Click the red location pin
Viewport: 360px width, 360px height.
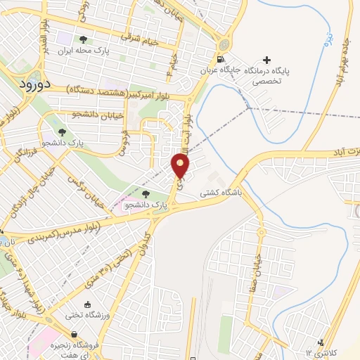tap(181, 165)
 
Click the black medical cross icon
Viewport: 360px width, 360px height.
tap(266, 59)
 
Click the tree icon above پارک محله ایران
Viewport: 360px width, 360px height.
tap(84, 39)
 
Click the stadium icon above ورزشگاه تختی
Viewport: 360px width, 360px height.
tap(87, 304)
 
